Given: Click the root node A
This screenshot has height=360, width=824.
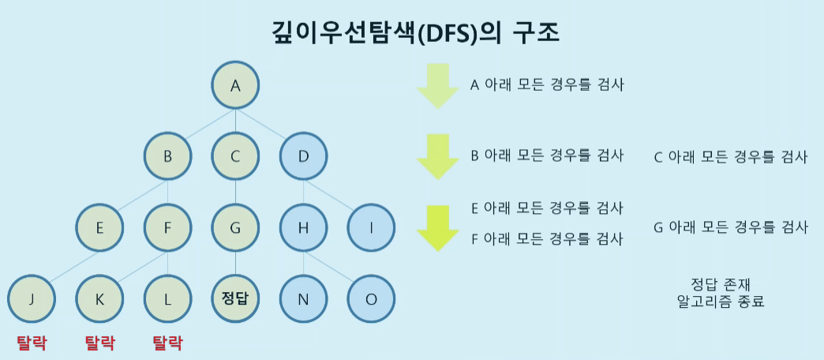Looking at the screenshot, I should click(x=235, y=84).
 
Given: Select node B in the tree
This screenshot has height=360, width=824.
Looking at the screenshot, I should click(x=167, y=156).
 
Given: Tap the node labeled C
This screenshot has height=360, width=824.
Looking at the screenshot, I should click(x=235, y=156).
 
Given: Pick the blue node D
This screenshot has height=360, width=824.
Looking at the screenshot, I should click(x=303, y=156).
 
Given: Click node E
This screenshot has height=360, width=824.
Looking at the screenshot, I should click(x=99, y=228).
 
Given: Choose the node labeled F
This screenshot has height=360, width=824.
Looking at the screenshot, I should click(x=167, y=228).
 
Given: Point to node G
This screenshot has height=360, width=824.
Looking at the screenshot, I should click(x=235, y=228).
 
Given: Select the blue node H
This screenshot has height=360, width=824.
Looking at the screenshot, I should click(x=303, y=228).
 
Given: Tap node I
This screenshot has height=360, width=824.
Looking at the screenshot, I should click(x=371, y=228).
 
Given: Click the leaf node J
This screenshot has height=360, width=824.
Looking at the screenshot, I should click(x=32, y=300).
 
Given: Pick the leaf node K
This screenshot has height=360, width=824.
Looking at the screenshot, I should click(x=99, y=300).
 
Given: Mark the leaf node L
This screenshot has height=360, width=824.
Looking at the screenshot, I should click(x=167, y=300).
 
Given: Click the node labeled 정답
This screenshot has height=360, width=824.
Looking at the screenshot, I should click(x=235, y=300).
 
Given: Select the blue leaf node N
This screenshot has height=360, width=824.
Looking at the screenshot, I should click(x=303, y=300).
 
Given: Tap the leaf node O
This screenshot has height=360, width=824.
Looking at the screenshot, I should click(x=371, y=300).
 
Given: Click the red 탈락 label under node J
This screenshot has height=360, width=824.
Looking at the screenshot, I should click(x=32, y=343).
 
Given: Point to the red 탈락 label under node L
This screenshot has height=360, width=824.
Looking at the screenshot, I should click(x=167, y=343).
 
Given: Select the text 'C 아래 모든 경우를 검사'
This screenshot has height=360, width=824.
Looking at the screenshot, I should click(x=731, y=156).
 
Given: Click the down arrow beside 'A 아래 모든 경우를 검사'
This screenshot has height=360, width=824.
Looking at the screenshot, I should click(x=437, y=85).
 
